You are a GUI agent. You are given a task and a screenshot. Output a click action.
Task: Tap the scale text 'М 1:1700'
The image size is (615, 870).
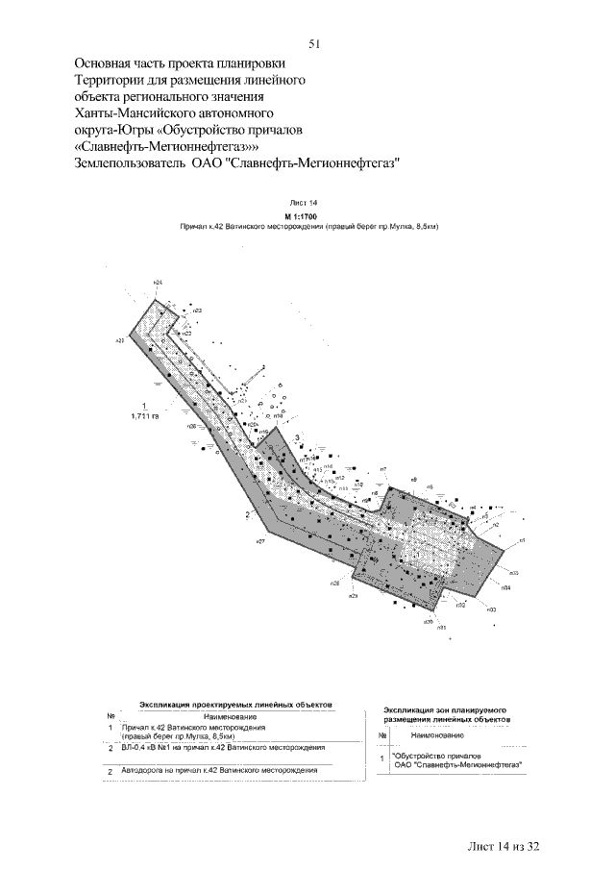click(x=304, y=217)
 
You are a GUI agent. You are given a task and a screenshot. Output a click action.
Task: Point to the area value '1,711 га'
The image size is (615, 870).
click(x=144, y=417)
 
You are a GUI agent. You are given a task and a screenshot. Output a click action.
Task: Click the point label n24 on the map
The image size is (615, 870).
click(x=158, y=281)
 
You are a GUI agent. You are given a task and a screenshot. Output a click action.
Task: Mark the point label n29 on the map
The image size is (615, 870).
click(x=353, y=597)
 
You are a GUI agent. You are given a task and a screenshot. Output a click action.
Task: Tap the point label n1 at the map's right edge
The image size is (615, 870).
click(x=522, y=541)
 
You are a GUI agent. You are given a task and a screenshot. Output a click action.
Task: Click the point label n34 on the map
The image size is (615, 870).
click(x=505, y=586)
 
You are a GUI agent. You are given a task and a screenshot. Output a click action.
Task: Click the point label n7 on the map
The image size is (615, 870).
click(x=383, y=468)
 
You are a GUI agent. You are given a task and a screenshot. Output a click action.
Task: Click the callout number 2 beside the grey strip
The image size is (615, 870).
click(x=248, y=516)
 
